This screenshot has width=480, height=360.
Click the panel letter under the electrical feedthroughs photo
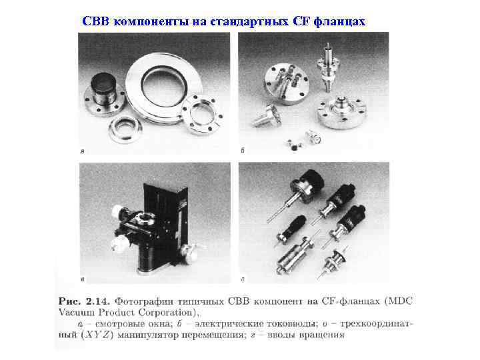[243, 151]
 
